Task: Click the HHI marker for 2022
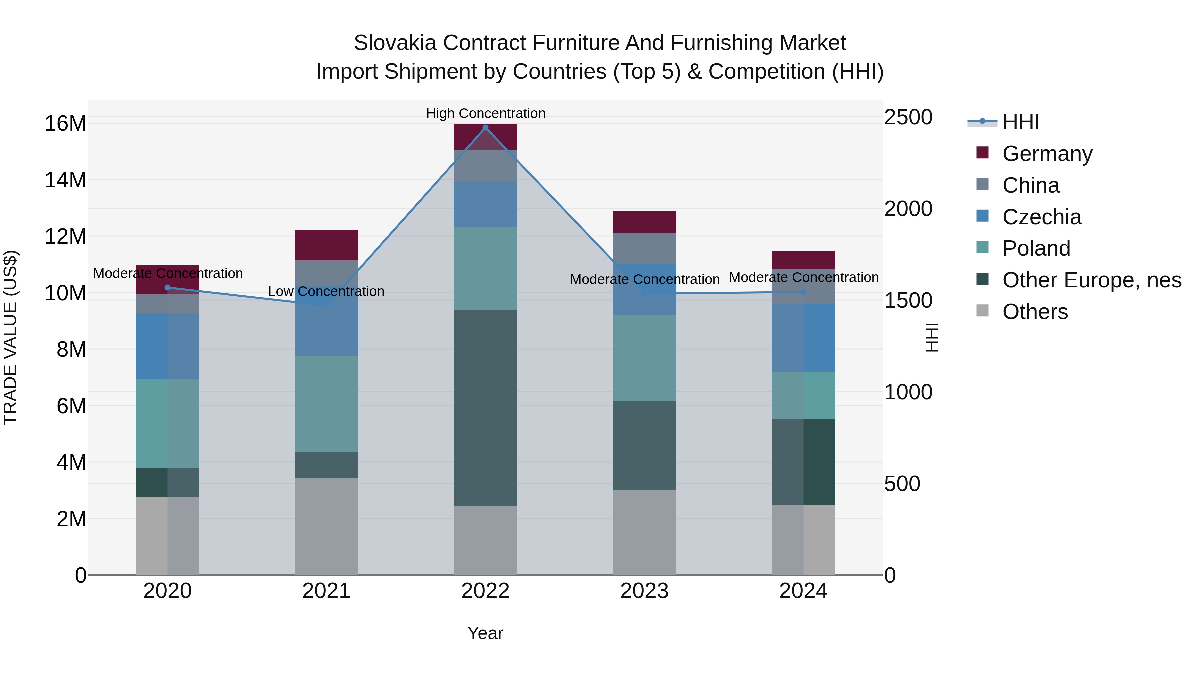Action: click(485, 128)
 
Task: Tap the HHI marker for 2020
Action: click(168, 287)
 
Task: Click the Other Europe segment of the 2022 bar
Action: click(485, 408)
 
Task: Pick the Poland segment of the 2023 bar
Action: click(644, 358)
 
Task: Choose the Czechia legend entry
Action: click(1042, 217)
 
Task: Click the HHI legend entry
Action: click(1020, 122)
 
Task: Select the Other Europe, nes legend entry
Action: click(1091, 280)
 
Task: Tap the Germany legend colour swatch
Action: click(982, 153)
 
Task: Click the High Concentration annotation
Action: click(485, 113)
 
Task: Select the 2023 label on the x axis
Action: click(644, 591)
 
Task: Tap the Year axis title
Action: click(485, 633)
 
